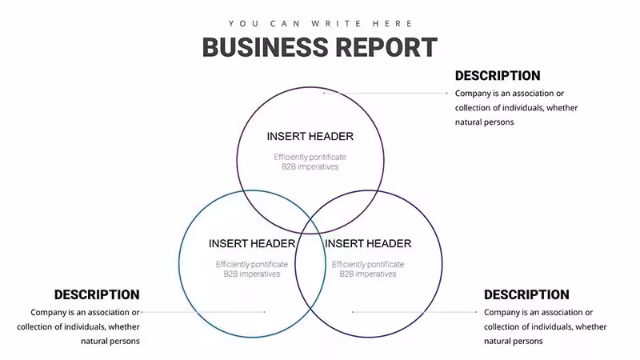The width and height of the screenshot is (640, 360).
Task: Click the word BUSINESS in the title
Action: (x=266, y=47)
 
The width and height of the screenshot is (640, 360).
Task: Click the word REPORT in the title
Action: (x=387, y=47)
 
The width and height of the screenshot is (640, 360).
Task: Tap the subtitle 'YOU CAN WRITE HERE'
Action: (x=321, y=24)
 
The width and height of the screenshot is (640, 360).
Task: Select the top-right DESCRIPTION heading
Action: (x=498, y=75)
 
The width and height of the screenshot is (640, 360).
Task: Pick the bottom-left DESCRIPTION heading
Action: (x=97, y=294)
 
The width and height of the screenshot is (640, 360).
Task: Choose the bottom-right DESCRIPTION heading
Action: (x=526, y=294)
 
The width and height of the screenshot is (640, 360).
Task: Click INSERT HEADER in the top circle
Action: (x=310, y=136)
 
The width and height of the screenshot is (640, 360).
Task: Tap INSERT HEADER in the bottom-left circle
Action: (x=252, y=244)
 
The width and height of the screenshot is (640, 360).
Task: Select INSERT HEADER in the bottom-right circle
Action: (x=368, y=244)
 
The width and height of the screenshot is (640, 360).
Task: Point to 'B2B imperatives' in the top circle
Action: (x=310, y=166)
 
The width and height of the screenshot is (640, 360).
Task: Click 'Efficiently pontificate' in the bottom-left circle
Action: (x=252, y=264)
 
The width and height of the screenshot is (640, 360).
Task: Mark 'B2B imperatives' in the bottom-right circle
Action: (x=368, y=274)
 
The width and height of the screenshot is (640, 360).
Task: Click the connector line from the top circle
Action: (x=386, y=93)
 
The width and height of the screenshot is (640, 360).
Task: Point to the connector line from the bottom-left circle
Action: (x=203, y=312)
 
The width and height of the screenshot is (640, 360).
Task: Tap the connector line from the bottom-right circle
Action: (x=414, y=312)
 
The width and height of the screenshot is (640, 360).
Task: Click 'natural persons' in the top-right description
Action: (x=485, y=122)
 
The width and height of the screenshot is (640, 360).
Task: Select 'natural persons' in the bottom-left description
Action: (x=110, y=342)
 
